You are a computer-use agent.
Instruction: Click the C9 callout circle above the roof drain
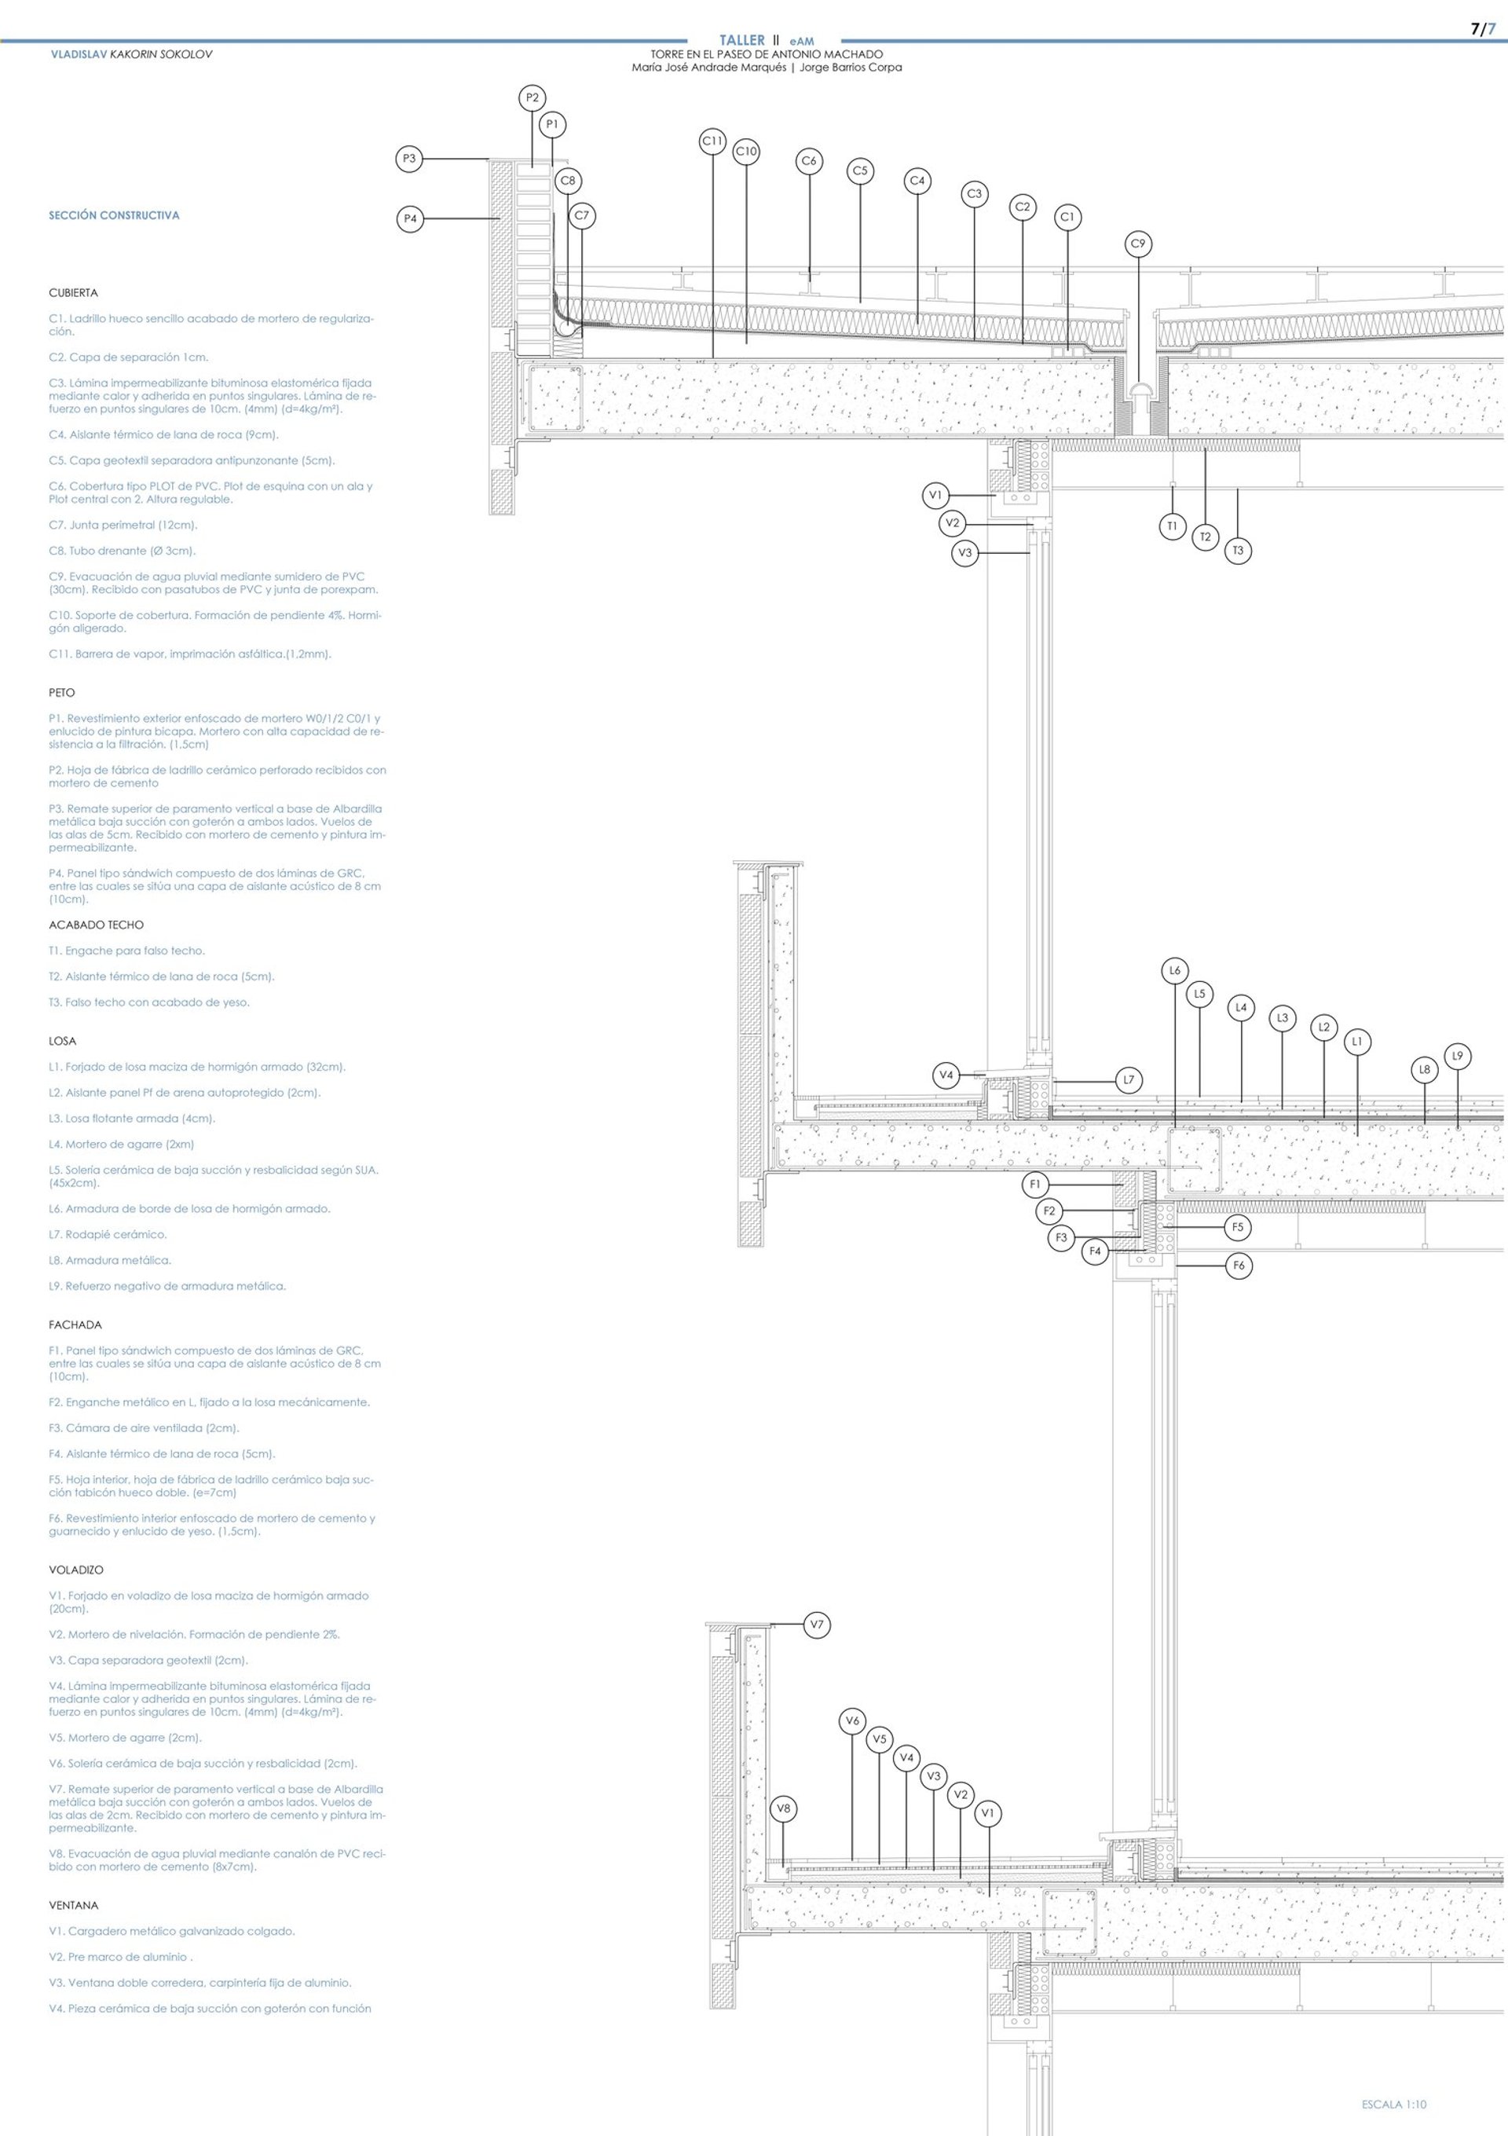(x=1138, y=244)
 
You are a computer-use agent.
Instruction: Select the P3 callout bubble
(x=408, y=159)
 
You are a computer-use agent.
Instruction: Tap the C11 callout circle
(x=712, y=141)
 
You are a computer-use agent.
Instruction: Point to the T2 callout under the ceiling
(x=1205, y=537)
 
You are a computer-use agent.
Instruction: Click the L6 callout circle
(x=1175, y=971)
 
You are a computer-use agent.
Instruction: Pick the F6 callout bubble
(x=1239, y=1266)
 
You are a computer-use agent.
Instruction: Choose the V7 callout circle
(x=817, y=1625)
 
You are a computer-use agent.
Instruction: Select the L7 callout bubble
(x=1129, y=1080)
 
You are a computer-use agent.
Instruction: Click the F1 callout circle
(x=1035, y=1185)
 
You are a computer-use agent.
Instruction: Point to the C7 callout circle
(x=581, y=216)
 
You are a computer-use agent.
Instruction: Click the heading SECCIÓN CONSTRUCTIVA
(x=115, y=216)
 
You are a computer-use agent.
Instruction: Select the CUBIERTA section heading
(x=74, y=293)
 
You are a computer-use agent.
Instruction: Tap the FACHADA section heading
(x=75, y=1324)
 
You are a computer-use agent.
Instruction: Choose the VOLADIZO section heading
(x=76, y=1570)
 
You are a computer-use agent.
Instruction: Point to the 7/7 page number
(x=1483, y=30)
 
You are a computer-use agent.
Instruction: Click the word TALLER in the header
(x=741, y=40)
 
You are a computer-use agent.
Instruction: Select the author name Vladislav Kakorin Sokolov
(x=131, y=55)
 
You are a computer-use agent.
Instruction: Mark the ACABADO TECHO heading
(x=97, y=925)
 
